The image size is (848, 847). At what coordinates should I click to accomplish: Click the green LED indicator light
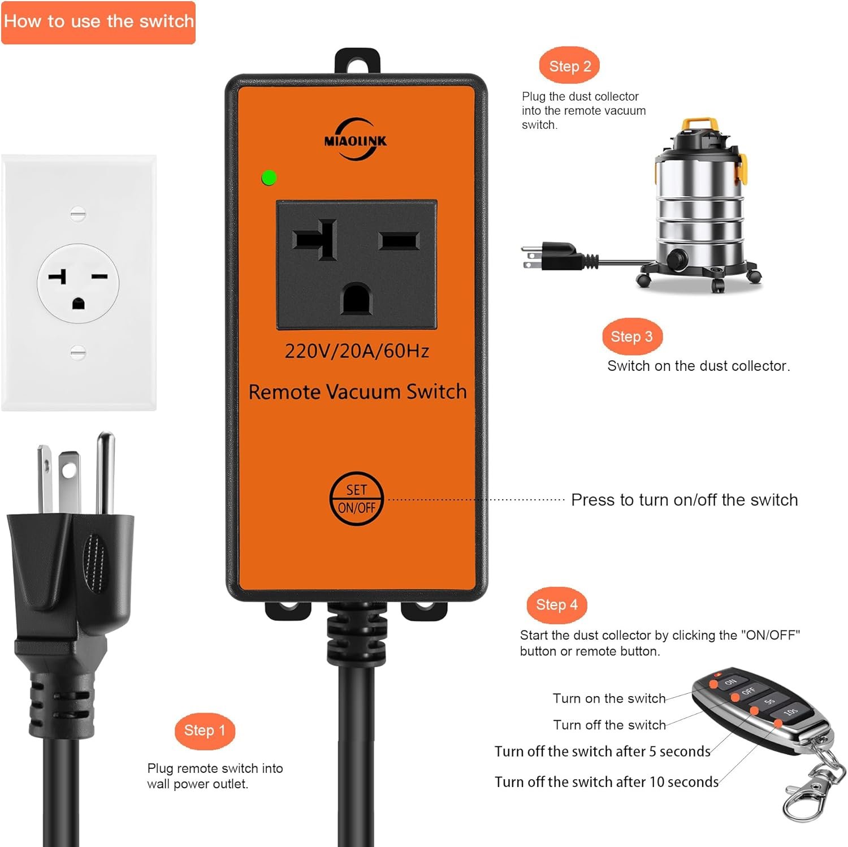pyautogui.click(x=269, y=178)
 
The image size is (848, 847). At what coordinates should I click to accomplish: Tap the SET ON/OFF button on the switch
pyautogui.click(x=356, y=499)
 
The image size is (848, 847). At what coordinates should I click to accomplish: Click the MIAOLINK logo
pyautogui.click(x=356, y=139)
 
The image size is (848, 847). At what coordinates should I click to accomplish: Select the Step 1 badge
pyautogui.click(x=205, y=731)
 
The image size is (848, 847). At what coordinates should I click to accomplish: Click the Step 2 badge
pyautogui.click(x=570, y=66)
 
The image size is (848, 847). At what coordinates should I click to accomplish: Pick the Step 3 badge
pyautogui.click(x=632, y=336)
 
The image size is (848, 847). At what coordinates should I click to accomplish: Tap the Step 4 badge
pyautogui.click(x=557, y=604)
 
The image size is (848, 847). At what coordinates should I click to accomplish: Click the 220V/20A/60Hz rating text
pyautogui.click(x=357, y=351)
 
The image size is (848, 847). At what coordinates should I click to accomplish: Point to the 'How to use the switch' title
pyautogui.click(x=99, y=21)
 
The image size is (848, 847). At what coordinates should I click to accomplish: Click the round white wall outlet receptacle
pyautogui.click(x=78, y=283)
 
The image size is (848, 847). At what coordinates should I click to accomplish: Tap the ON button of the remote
pyautogui.click(x=730, y=682)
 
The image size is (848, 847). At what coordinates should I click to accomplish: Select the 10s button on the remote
pyautogui.click(x=790, y=712)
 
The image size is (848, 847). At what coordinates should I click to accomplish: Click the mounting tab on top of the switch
pyautogui.click(x=357, y=61)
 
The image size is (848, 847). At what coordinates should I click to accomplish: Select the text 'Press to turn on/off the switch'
pyautogui.click(x=684, y=500)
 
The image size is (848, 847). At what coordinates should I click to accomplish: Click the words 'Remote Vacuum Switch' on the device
pyautogui.click(x=357, y=391)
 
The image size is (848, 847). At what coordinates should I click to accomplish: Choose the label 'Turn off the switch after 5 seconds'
pyautogui.click(x=602, y=751)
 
